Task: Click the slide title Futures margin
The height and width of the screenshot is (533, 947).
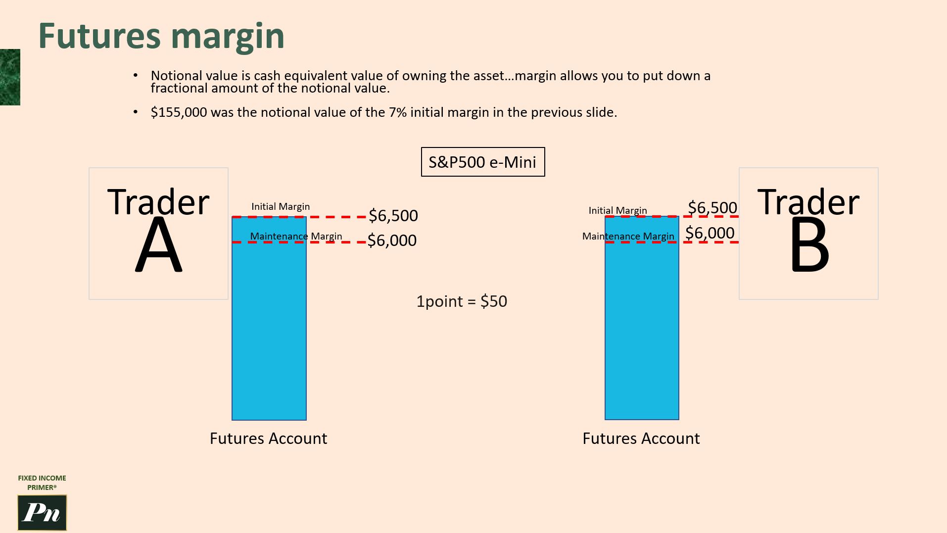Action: (161, 36)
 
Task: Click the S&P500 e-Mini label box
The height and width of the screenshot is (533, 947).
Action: (482, 162)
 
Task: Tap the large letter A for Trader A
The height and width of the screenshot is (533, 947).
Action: (158, 245)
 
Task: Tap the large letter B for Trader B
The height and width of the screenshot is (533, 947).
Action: (809, 245)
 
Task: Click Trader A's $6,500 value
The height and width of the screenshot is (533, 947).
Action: (393, 216)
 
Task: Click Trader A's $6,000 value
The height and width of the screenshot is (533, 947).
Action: (392, 241)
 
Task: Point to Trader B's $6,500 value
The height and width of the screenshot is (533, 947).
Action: (712, 207)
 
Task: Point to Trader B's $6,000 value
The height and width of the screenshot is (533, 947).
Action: (710, 233)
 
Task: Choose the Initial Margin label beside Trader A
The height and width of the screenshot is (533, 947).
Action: (281, 206)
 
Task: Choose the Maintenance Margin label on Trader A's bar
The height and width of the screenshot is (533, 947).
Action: (296, 236)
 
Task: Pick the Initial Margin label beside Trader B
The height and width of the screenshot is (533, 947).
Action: (617, 210)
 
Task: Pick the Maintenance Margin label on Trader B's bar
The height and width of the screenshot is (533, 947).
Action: (628, 236)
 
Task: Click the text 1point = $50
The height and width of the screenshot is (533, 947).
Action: (462, 301)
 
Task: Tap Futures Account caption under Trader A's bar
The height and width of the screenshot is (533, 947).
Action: (268, 438)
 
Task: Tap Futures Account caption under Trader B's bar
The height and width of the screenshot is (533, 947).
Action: (641, 438)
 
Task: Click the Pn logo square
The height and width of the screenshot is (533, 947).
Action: (42, 513)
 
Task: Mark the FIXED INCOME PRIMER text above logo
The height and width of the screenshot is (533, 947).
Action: (42, 483)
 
